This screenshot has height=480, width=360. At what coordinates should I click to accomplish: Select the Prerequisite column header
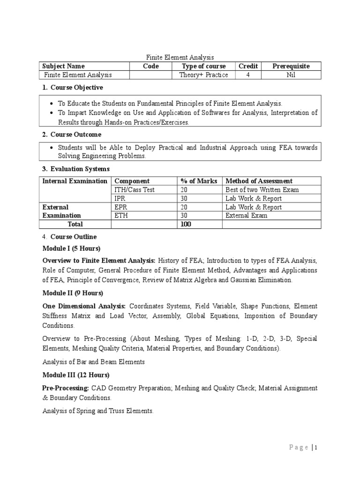pos(291,66)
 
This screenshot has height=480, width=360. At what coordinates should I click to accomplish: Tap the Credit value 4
pos(247,75)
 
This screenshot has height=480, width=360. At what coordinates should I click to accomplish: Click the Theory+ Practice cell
pos(203,75)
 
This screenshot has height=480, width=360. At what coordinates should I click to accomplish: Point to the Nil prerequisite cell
pos(291,75)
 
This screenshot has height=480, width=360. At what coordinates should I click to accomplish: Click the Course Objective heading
pos(76,88)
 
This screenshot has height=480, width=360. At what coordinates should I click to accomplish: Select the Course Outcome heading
pos(75,135)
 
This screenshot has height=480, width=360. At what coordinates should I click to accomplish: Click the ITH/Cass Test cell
pos(135,190)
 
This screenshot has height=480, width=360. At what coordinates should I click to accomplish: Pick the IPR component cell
pos(120,198)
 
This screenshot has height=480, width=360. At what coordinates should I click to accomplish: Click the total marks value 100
pos(186,225)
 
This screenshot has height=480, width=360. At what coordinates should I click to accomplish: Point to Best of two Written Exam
pos(262,190)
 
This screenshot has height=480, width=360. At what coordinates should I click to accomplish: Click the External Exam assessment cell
pos(247,216)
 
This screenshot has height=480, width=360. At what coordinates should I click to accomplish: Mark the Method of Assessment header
pos(259,181)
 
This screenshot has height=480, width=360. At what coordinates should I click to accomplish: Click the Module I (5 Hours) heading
pos(71,248)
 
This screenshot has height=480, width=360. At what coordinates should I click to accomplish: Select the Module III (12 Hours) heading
pos(76,375)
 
